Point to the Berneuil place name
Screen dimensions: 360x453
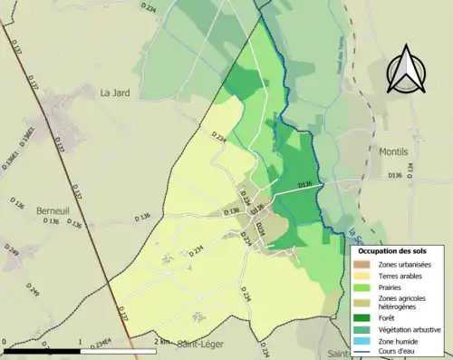[x=53, y=210]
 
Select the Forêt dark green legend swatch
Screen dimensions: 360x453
[x=362, y=317]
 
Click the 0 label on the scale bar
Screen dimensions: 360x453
[x=5, y=342]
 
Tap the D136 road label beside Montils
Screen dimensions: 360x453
[x=393, y=175]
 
